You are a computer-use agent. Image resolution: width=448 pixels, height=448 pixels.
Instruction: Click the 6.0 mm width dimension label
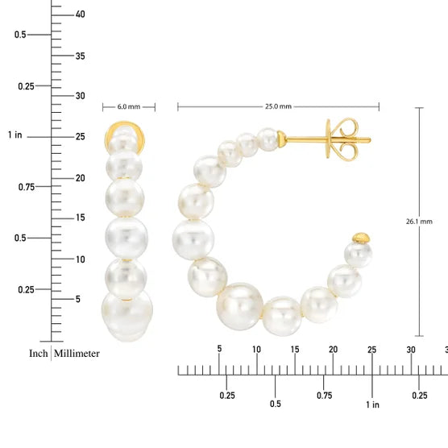(x=129, y=106)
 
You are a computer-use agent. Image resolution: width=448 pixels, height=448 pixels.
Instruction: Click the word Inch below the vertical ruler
(x=38, y=353)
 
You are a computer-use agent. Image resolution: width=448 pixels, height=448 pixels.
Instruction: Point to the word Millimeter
(x=77, y=353)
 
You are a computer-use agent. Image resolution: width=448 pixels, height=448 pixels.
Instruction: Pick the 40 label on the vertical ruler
(x=80, y=14)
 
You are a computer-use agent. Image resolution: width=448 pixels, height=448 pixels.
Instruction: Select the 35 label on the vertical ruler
(x=80, y=56)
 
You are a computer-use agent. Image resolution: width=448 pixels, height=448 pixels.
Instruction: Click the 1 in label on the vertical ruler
(x=15, y=135)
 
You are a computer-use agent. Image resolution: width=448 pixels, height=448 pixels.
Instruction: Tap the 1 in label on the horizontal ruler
(x=371, y=404)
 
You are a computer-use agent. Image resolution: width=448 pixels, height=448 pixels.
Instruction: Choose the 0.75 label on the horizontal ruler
(x=324, y=395)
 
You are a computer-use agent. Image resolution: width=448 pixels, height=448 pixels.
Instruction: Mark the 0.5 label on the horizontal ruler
(x=276, y=404)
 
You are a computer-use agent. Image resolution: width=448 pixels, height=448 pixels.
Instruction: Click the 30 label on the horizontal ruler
(x=411, y=349)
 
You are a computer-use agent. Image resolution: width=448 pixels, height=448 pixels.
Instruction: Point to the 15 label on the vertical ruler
(x=80, y=218)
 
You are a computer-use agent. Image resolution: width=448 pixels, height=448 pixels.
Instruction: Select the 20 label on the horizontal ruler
(x=333, y=349)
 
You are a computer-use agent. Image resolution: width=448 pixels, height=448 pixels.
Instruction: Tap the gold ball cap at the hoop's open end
(x=362, y=238)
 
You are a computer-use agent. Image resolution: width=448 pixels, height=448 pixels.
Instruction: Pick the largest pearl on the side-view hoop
(x=241, y=306)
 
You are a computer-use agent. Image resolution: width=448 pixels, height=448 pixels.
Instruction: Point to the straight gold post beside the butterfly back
(x=306, y=139)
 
